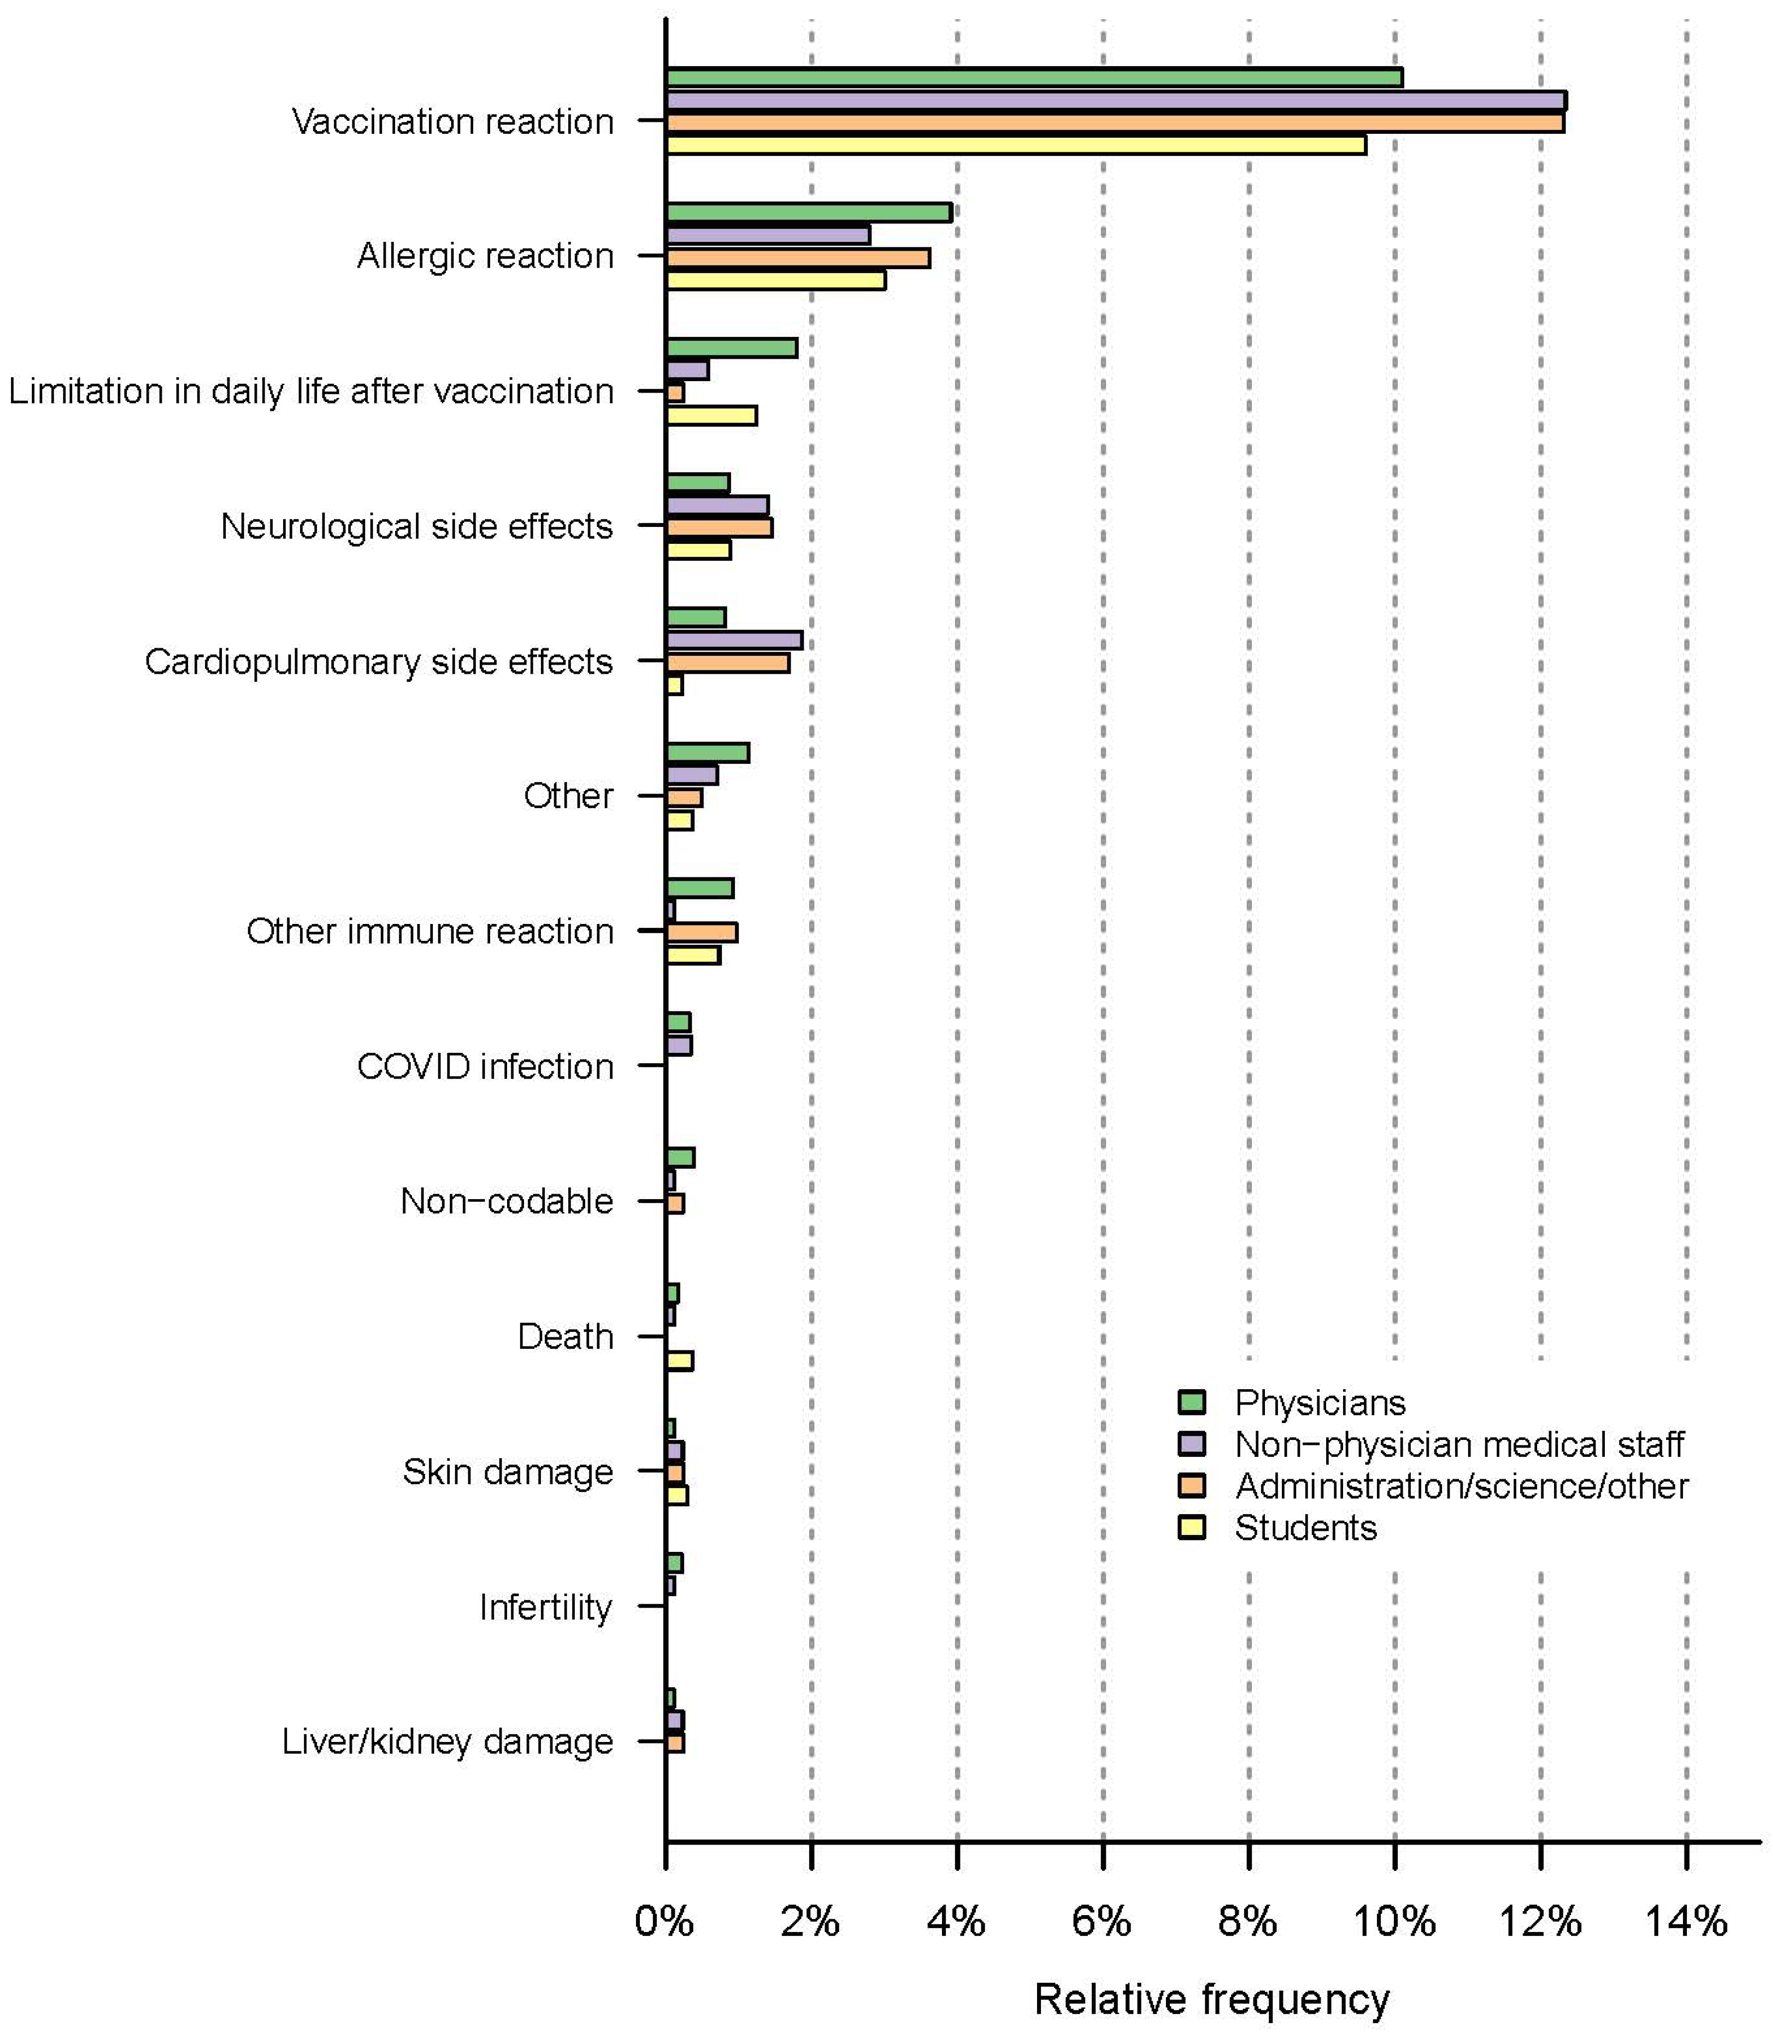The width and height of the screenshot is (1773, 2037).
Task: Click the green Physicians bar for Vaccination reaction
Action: tap(1034, 77)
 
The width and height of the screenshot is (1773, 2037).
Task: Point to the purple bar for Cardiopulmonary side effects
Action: tap(734, 640)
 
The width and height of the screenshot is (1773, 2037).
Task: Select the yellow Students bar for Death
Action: tap(680, 1360)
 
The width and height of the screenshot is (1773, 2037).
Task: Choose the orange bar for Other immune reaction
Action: tap(702, 932)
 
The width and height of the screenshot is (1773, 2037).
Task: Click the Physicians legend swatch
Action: tap(1192, 1402)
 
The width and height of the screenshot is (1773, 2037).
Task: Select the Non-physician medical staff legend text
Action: tap(1459, 1444)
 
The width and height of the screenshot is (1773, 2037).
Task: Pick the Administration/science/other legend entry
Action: tap(1460, 1486)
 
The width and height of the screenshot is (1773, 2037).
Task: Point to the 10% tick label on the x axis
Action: tap(1393, 1921)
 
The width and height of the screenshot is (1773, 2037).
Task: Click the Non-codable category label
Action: tap(507, 1201)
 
